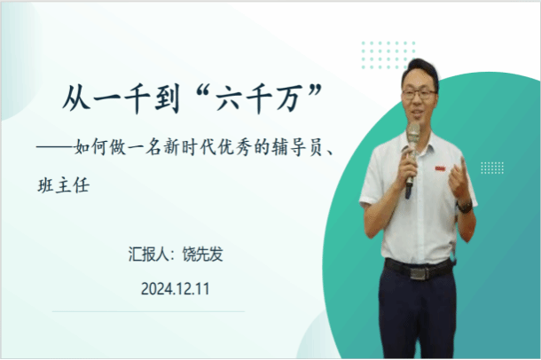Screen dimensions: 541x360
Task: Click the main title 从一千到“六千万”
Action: [x=192, y=98]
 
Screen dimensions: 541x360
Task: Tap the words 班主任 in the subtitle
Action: [x=64, y=185]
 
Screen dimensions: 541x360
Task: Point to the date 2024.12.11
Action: [x=176, y=289]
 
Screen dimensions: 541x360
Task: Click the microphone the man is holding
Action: [x=412, y=157]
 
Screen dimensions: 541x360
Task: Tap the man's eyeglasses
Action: [x=419, y=94]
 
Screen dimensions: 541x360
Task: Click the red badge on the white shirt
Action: [x=440, y=168]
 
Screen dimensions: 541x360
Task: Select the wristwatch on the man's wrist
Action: [x=465, y=206]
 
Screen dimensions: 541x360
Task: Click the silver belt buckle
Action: [x=419, y=273]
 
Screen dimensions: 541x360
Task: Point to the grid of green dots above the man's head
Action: [x=388, y=55]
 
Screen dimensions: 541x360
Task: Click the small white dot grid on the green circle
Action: [x=492, y=168]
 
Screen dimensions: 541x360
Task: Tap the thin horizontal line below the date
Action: [x=148, y=311]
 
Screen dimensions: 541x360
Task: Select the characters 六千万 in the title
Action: [x=257, y=98]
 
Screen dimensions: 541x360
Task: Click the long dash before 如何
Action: [x=55, y=147]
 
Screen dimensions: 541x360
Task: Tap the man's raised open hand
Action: [x=459, y=178]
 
